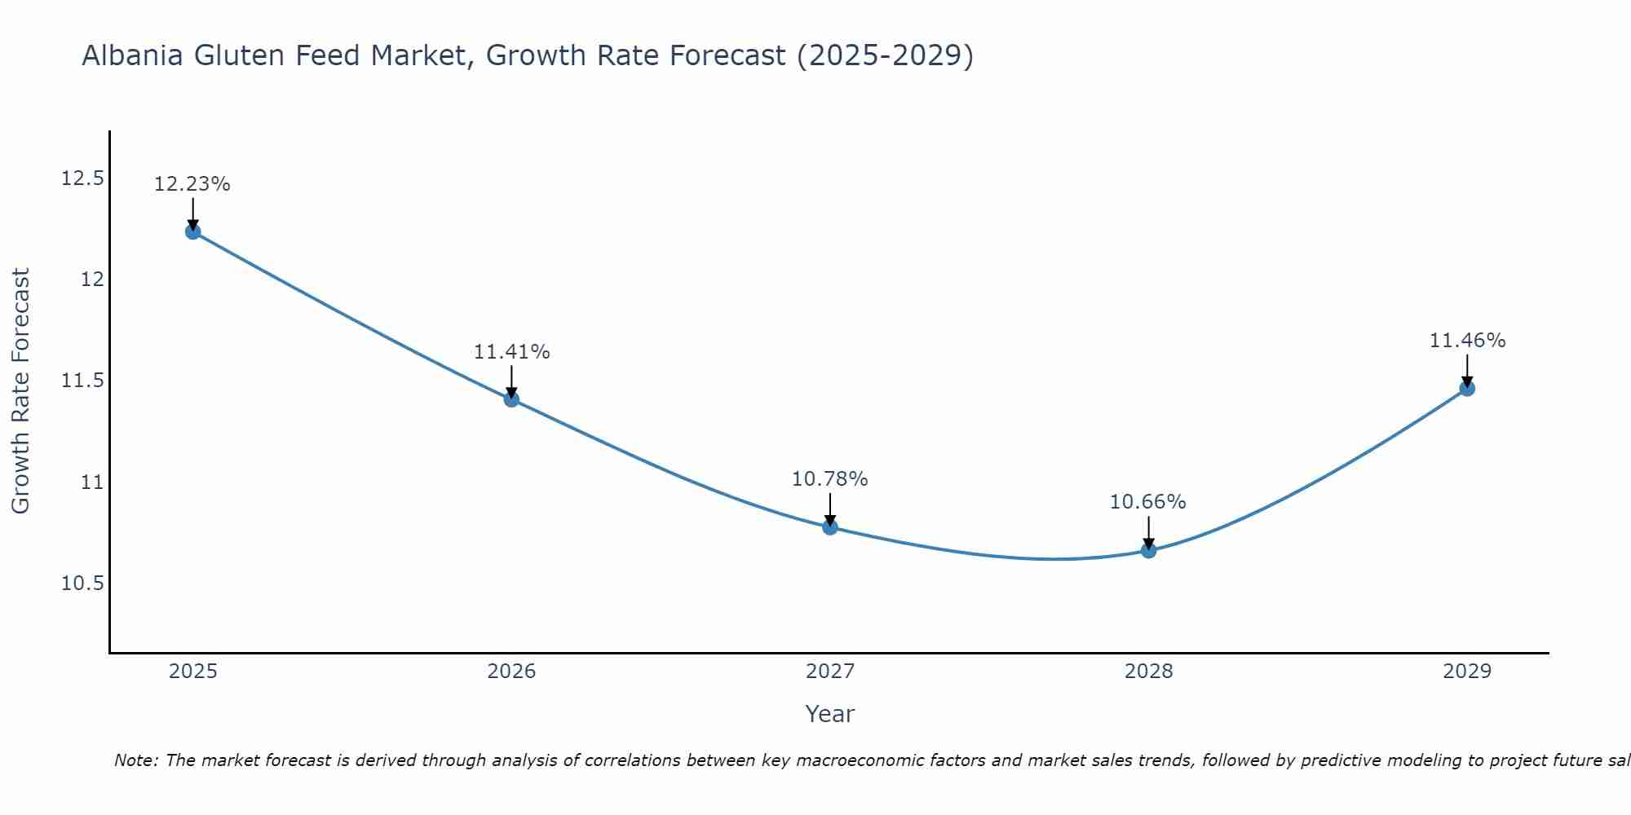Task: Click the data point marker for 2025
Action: (x=192, y=231)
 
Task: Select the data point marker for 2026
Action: (x=511, y=399)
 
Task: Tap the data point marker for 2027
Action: (x=830, y=527)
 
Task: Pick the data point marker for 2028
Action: (x=1148, y=550)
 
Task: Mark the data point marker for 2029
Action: (x=1467, y=388)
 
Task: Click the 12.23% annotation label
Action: (x=192, y=184)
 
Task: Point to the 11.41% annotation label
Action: (x=511, y=352)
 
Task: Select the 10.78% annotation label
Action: (x=830, y=479)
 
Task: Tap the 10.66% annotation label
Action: (x=1148, y=502)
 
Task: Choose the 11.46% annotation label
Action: (x=1467, y=341)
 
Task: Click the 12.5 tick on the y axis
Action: (x=82, y=178)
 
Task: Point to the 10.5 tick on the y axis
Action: (x=82, y=584)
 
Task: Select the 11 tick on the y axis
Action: (x=92, y=482)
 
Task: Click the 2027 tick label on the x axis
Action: (x=830, y=672)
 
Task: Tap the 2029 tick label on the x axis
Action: (x=1467, y=672)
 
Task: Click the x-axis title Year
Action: (x=830, y=714)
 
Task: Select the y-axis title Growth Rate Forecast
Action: (x=20, y=391)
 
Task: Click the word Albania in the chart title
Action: (x=133, y=55)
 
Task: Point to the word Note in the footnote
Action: (x=135, y=760)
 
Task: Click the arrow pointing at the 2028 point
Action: (x=1148, y=533)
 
